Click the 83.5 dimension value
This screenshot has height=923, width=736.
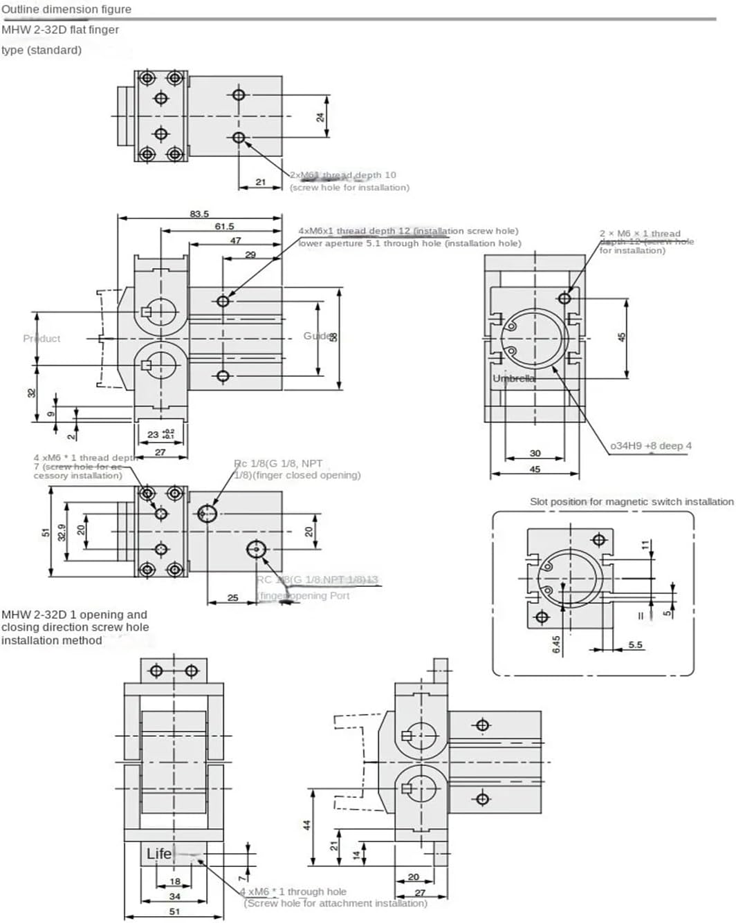tap(199, 214)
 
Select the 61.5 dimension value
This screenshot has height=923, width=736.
tap(224, 226)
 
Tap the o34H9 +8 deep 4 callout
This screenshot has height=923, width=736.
tap(650, 446)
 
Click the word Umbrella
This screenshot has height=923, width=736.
tap(513, 378)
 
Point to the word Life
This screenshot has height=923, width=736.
tap(158, 854)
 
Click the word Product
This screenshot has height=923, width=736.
tap(42, 338)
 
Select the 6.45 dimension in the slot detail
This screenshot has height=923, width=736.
tap(557, 644)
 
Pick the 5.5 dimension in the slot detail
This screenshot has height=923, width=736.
tap(635, 644)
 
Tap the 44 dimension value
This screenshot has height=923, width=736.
tap(307, 825)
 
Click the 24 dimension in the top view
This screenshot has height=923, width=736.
tap(320, 117)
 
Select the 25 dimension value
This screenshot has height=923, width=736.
tap(232, 597)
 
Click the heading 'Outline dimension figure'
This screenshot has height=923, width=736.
tap(66, 9)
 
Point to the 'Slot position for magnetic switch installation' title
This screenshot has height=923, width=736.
tap(631, 501)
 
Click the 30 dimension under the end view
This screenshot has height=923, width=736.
tap(535, 454)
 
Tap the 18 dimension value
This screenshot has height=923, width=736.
tap(175, 882)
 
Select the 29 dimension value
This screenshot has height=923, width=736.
tap(250, 254)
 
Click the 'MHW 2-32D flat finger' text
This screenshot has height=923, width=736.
tap(60, 30)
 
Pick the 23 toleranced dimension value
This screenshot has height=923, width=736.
tap(154, 434)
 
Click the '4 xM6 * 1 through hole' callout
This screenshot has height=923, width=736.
tap(293, 892)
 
